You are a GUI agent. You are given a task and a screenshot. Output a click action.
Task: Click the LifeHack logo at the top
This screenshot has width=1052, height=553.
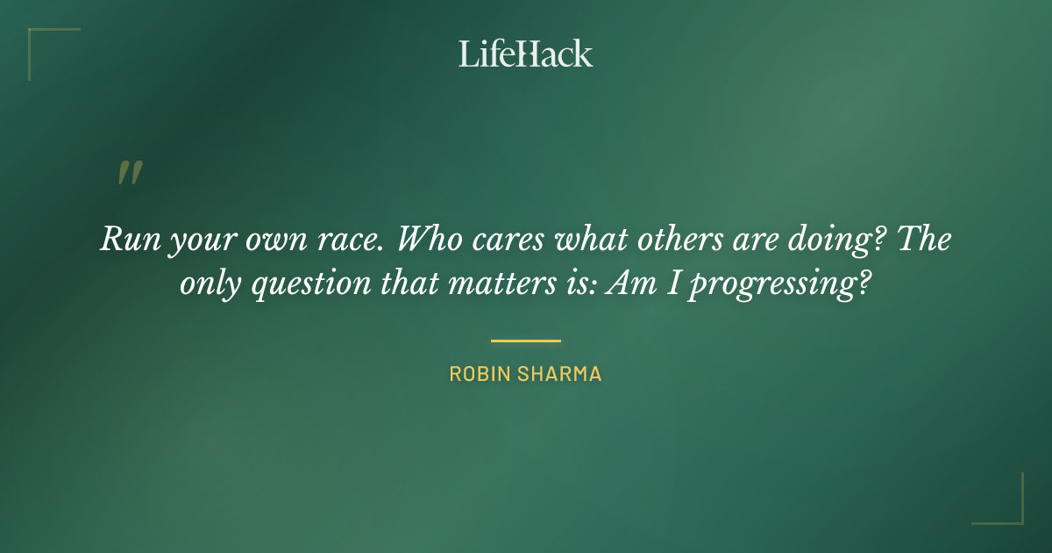pos(526,54)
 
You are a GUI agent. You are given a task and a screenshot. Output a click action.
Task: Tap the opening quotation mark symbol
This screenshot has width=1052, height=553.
pos(129,173)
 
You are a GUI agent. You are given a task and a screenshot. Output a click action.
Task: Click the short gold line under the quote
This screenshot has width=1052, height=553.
pos(526,341)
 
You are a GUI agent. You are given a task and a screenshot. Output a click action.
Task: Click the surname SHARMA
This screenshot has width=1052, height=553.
pos(562,374)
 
